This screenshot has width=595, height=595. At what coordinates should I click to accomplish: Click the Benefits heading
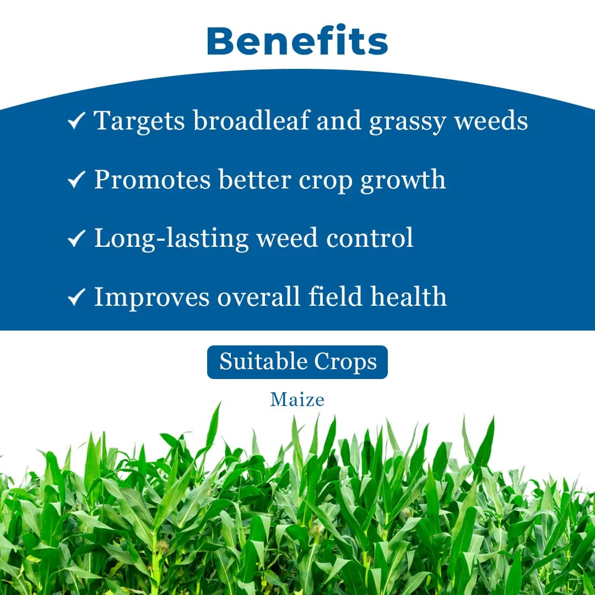point(297,41)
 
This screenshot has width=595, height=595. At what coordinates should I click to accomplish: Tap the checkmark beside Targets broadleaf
point(76,121)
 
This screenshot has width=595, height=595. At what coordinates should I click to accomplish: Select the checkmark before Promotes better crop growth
point(76,180)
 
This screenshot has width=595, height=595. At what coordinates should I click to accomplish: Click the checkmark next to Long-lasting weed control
point(76,238)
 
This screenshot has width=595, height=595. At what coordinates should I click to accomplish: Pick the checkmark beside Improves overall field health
point(76,297)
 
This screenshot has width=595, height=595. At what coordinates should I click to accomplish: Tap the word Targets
point(139,121)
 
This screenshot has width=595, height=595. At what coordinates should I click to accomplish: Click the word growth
point(403,181)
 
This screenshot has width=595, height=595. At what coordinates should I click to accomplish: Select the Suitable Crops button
point(297,362)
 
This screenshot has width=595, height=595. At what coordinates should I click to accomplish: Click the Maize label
point(297,399)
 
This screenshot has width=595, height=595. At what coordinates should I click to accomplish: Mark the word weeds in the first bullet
point(491,120)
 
